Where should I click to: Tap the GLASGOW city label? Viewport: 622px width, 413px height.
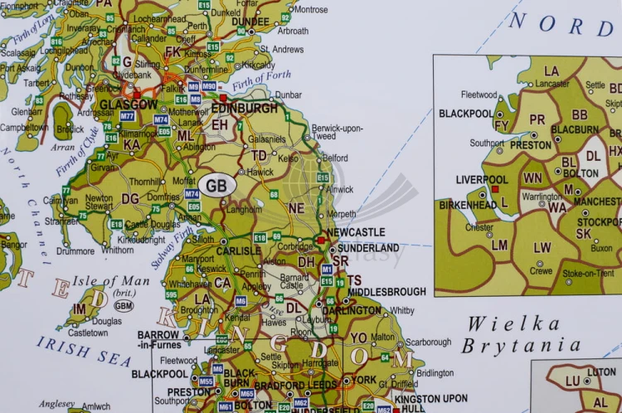(128, 104)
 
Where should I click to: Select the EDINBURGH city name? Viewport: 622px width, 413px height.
(245, 108)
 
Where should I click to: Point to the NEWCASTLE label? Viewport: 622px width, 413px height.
(357, 233)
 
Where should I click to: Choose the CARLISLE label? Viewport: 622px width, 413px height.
(216, 250)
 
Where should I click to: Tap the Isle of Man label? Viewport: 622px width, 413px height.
(110, 280)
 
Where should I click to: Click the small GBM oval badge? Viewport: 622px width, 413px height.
(124, 305)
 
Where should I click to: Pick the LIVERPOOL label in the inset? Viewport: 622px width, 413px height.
(482, 179)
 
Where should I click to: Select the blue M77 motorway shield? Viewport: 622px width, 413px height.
(127, 116)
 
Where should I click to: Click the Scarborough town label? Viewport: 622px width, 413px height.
(428, 342)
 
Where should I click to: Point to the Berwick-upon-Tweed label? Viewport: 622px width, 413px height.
(337, 133)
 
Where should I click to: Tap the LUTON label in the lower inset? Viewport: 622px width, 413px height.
(601, 372)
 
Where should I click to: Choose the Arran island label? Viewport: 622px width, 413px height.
(62, 147)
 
